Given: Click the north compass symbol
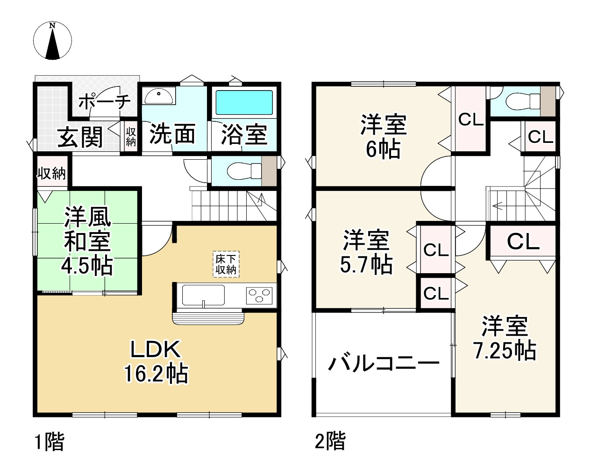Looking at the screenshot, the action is pyautogui.click(x=52, y=41).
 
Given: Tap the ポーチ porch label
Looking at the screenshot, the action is pyautogui.click(x=105, y=101).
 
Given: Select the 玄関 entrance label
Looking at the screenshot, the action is pyautogui.click(x=80, y=137).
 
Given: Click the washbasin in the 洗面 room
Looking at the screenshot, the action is pyautogui.click(x=159, y=96).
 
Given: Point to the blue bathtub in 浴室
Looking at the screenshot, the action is pyautogui.click(x=244, y=102).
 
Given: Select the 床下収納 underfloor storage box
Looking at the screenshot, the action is pyautogui.click(x=226, y=264).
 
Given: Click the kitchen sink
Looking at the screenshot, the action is pyautogui.click(x=203, y=295).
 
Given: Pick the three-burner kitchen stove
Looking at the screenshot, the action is pyautogui.click(x=259, y=296).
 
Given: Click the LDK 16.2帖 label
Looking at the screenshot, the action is pyautogui.click(x=156, y=361).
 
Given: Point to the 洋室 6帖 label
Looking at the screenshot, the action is pyautogui.click(x=384, y=136).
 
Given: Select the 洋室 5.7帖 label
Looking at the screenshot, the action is pyautogui.click(x=366, y=252).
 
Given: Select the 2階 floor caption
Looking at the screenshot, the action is pyautogui.click(x=330, y=441).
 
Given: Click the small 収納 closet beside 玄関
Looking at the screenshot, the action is pyautogui.click(x=131, y=137).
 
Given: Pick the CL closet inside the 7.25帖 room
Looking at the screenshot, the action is pyautogui.click(x=523, y=242).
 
